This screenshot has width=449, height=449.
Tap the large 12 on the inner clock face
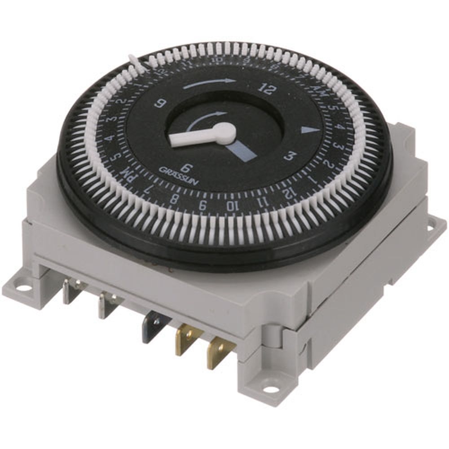[x=266, y=89]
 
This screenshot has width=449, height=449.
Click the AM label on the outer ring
[x=321, y=92]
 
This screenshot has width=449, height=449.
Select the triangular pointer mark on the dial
[x=310, y=130]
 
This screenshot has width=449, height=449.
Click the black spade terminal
[x=152, y=326]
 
